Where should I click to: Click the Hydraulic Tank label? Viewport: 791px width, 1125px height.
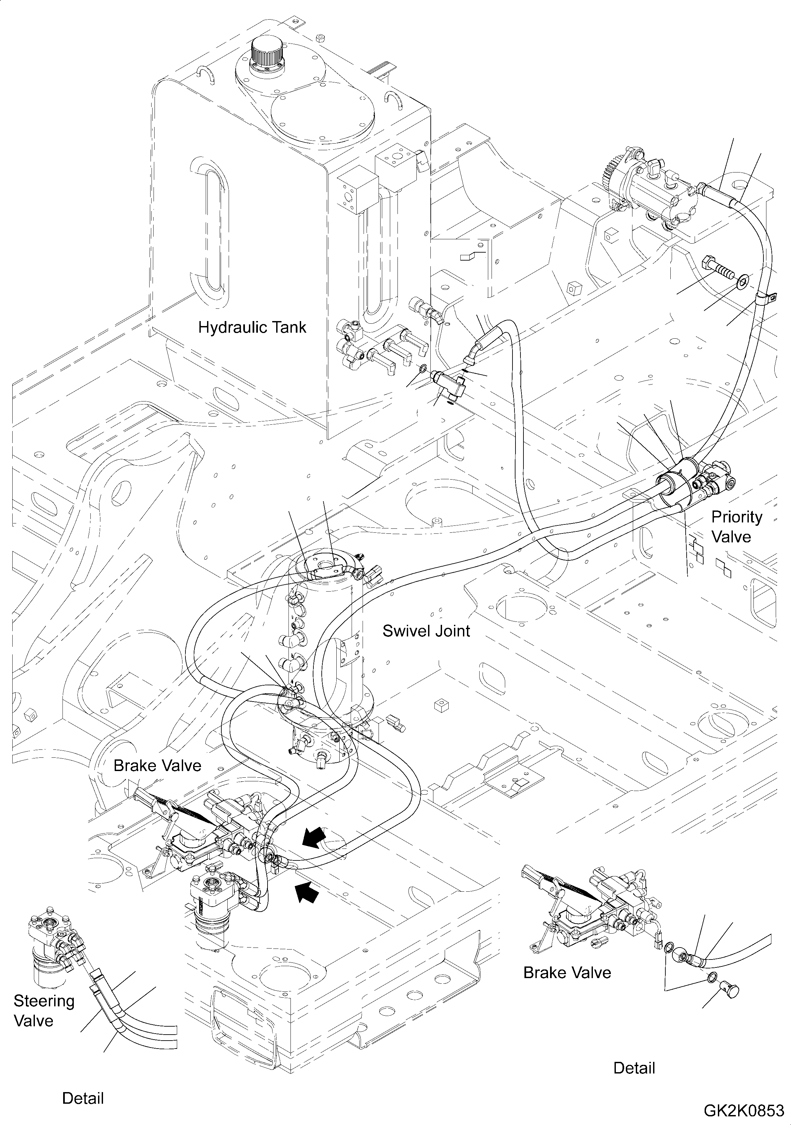[x=252, y=327]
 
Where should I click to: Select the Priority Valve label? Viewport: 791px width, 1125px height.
[x=736, y=527]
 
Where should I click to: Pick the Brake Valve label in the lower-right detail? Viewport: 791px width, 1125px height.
[x=567, y=972]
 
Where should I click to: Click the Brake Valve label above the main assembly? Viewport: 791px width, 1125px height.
[x=157, y=766]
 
